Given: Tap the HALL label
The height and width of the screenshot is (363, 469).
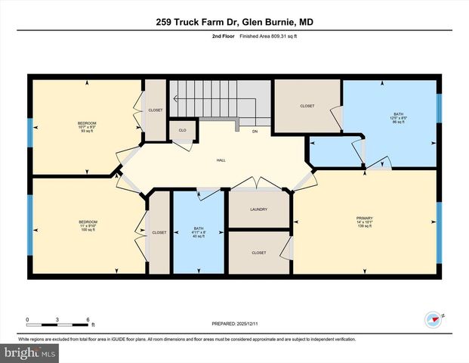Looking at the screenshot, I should click(221, 160).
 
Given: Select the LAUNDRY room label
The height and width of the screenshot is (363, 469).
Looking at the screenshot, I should click(259, 209).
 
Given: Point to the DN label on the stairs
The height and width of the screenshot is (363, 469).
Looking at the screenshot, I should click(255, 132).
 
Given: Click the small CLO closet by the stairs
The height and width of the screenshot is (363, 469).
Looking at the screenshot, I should click(182, 131).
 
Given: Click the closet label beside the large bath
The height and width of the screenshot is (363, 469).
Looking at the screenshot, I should click(307, 106).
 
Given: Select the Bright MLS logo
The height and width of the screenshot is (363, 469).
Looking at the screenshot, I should click(30, 353).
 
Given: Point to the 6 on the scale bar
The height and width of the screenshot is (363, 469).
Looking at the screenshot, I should click(88, 318).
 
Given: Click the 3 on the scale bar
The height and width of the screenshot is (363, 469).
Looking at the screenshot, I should click(57, 318).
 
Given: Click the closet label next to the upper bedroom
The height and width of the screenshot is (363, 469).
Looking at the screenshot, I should click(155, 110).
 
